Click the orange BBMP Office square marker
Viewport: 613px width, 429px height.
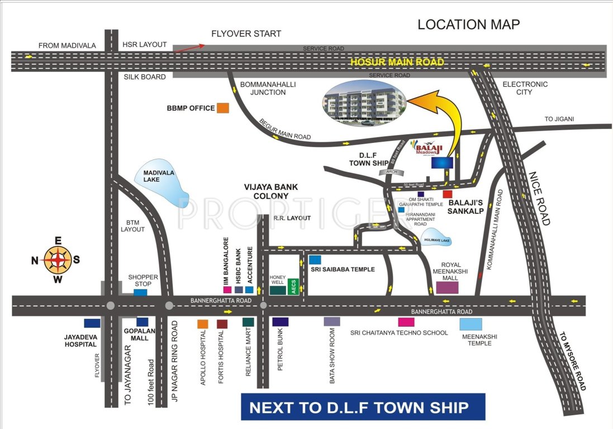point(223,108)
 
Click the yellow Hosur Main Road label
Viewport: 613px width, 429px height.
point(397,62)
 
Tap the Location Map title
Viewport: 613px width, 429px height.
point(469,25)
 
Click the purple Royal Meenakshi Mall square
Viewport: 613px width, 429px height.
point(447,287)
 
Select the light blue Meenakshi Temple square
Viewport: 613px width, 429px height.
point(471,324)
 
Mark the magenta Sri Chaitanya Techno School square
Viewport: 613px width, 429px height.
point(406,322)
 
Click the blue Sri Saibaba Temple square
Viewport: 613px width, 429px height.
point(315,260)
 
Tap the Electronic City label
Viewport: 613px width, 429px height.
point(525,88)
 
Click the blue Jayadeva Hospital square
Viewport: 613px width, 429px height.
point(92,323)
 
